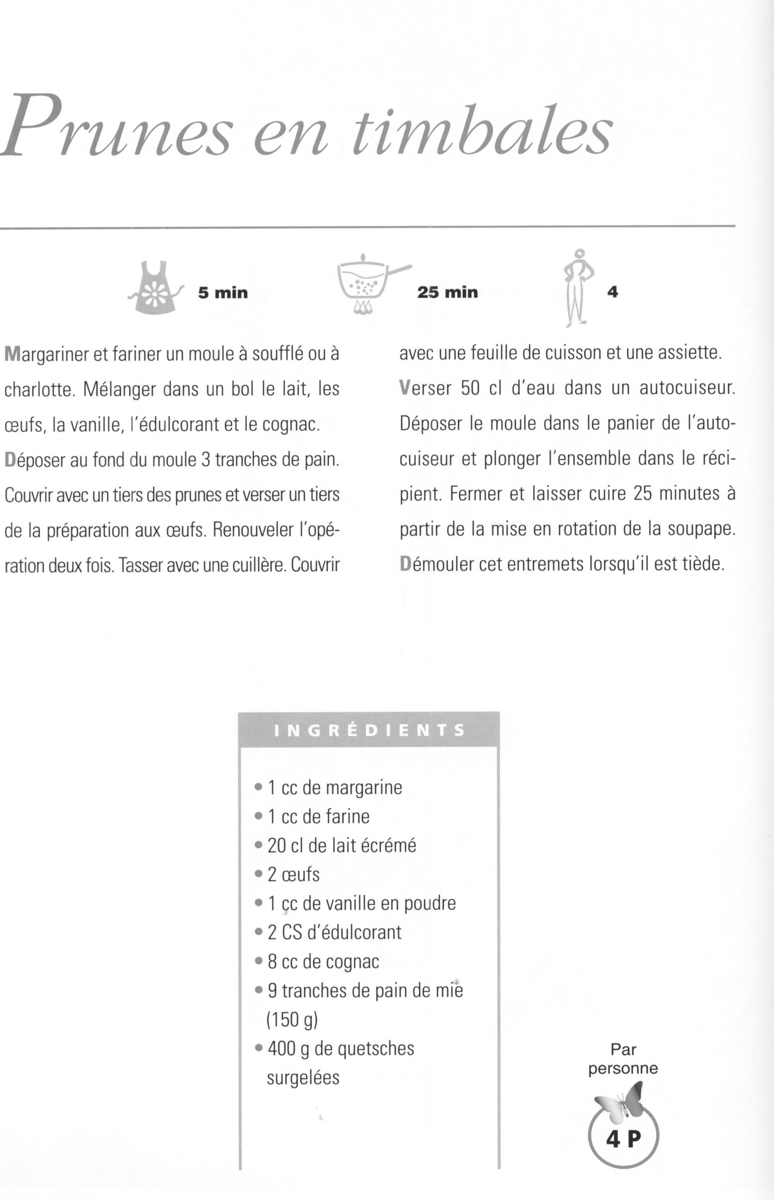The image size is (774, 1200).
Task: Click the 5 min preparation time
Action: point(223,293)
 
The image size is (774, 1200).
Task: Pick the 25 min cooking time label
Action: point(447,292)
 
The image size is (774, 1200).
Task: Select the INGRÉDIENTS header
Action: point(369,730)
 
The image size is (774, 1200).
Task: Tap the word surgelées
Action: point(303,1077)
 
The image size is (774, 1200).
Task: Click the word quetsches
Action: point(376,1049)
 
